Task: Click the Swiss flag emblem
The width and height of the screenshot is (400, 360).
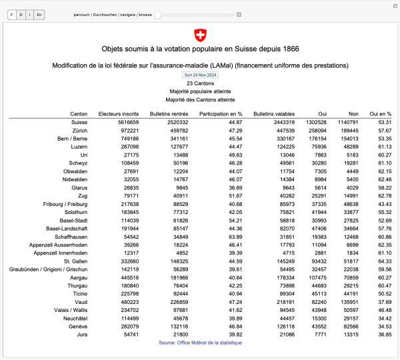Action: [x=200, y=35]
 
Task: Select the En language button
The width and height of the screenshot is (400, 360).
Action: [x=39, y=14]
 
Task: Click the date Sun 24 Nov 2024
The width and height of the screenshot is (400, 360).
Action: [x=200, y=75]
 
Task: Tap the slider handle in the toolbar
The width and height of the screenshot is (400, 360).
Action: [x=158, y=14]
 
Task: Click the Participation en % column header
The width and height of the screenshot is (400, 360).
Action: [x=222, y=114]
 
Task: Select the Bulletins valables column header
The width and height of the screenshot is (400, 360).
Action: [x=274, y=114]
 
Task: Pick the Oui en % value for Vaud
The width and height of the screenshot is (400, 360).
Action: [x=380, y=302]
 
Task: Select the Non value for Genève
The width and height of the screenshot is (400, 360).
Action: [x=350, y=327]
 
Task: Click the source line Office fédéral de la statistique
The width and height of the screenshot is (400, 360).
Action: [x=200, y=343]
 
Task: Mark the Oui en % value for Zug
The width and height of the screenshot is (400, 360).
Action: [x=380, y=196]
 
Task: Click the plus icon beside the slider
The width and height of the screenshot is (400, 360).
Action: [x=239, y=14]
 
